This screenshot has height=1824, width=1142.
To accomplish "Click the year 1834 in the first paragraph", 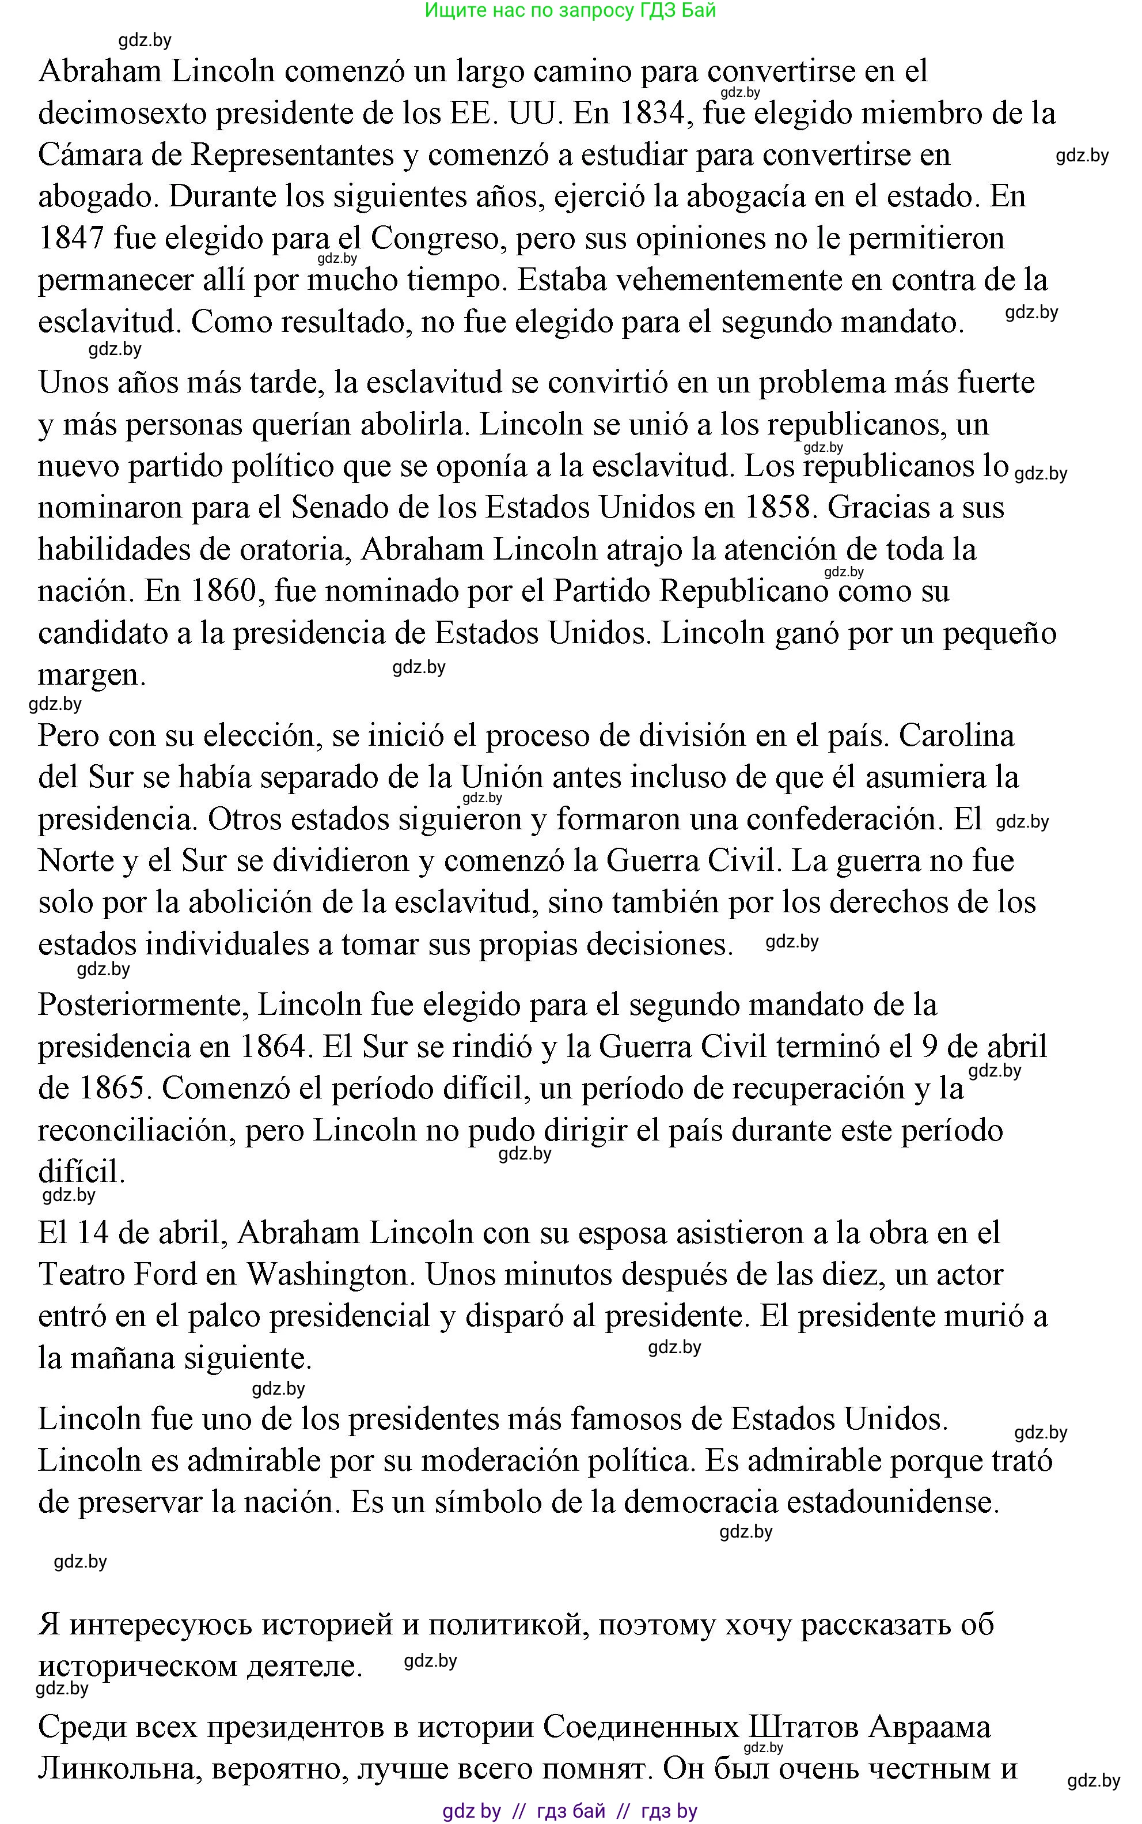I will click(651, 114).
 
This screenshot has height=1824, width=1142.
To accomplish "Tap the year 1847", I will click(71, 239).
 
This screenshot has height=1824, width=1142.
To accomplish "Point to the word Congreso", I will click(437, 239).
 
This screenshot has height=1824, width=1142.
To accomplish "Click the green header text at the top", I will click(570, 10).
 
